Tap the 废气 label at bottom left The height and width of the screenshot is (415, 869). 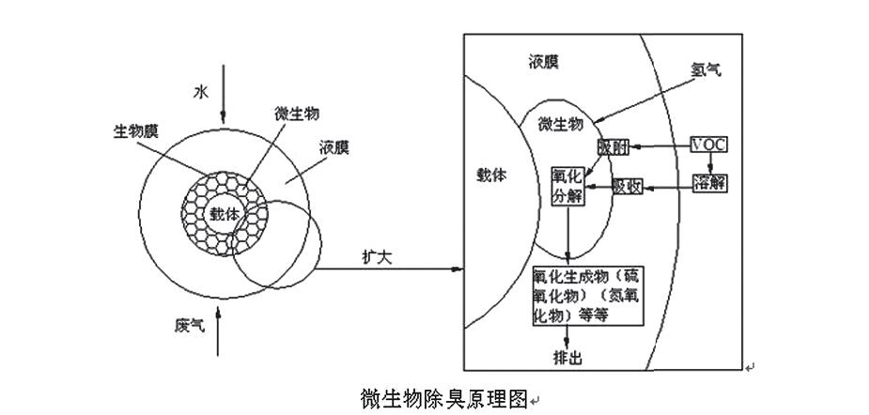tap(189, 326)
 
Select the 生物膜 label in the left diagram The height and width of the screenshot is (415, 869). tap(130, 131)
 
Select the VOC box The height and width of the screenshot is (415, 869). tap(708, 145)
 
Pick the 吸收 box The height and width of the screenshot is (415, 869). tap(627, 186)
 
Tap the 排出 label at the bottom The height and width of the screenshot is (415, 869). tap(568, 359)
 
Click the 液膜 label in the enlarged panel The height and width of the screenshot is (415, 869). tap(543, 62)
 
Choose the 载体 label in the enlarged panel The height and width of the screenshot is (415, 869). tap(491, 175)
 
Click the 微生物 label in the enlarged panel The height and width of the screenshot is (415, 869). tap(561, 123)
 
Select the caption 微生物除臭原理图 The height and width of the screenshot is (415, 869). tap(444, 396)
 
